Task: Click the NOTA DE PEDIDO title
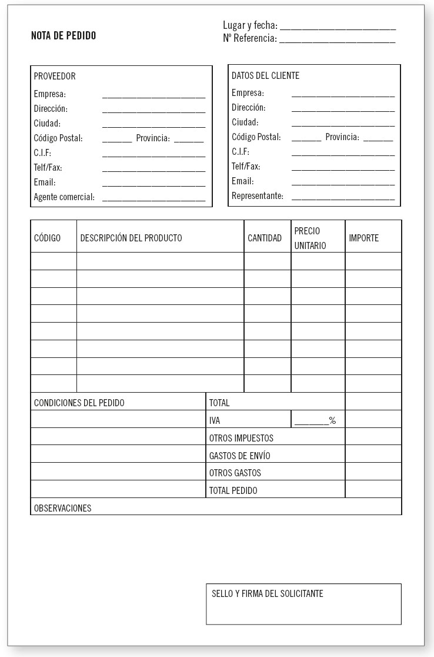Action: pyautogui.click(x=63, y=36)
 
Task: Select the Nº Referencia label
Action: pyautogui.click(x=249, y=38)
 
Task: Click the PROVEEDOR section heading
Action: pyautogui.click(x=55, y=77)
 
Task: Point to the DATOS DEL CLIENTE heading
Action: pyautogui.click(x=265, y=76)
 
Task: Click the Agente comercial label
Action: pyautogui.click(x=64, y=197)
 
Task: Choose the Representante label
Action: pyautogui.click(x=257, y=196)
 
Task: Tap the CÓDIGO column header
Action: pyautogui.click(x=47, y=238)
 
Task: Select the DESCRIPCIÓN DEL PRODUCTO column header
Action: pyautogui.click(x=131, y=238)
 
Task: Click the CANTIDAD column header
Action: pyautogui.click(x=265, y=238)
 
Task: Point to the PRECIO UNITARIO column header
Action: pyautogui.click(x=310, y=238)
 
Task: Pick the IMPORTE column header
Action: pyautogui.click(x=364, y=238)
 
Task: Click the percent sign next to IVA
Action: pyautogui.click(x=332, y=421)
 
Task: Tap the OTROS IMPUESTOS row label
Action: pyautogui.click(x=241, y=439)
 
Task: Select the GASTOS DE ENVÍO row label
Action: pyautogui.click(x=240, y=456)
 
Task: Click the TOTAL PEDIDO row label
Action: pyautogui.click(x=233, y=490)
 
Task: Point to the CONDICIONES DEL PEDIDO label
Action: pyautogui.click(x=79, y=403)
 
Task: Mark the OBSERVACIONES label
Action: pyautogui.click(x=63, y=509)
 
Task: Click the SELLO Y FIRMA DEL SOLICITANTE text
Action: pyautogui.click(x=268, y=594)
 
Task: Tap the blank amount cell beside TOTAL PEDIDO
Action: pyautogui.click(x=373, y=490)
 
